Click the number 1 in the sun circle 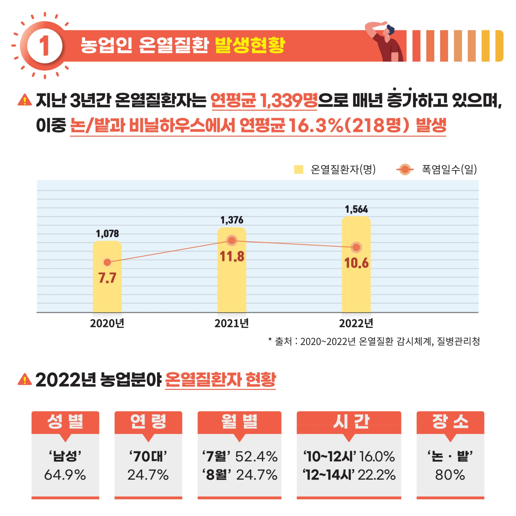pyautogui.click(x=45, y=46)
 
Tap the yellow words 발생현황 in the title pyautogui.click(x=250, y=45)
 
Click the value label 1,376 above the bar pyautogui.click(x=232, y=220)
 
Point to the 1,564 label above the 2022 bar pyautogui.click(x=356, y=209)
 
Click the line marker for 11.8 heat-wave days pyautogui.click(x=232, y=241)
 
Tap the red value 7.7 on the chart pyautogui.click(x=107, y=278)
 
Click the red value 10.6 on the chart pyautogui.click(x=356, y=263)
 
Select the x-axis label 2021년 pyautogui.click(x=232, y=323)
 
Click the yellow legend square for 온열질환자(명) pyautogui.click(x=298, y=169)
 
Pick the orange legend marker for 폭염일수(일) pyautogui.click(x=405, y=169)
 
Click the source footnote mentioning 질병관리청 pyautogui.click(x=374, y=341)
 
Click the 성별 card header pyautogui.click(x=65, y=422)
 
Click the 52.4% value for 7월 pyautogui.click(x=256, y=456)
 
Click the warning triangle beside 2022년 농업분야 pyautogui.click(x=24, y=379)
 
